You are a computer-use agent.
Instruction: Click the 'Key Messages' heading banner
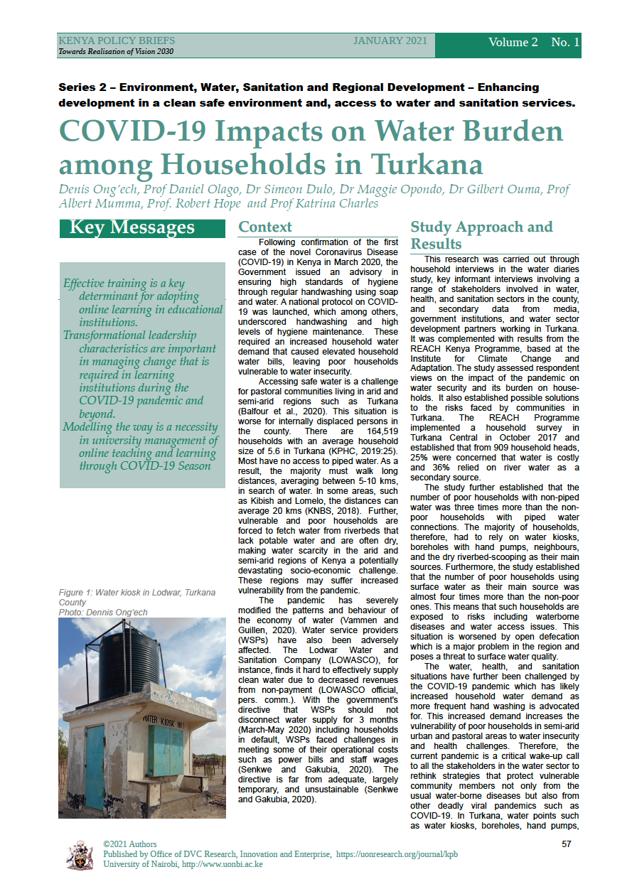(132, 227)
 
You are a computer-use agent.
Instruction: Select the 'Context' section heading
(264, 227)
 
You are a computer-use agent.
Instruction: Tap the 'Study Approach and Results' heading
(481, 235)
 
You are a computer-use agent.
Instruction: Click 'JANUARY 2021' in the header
(390, 41)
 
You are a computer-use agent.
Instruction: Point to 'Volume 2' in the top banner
(513, 43)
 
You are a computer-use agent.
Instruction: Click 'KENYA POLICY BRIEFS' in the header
(117, 41)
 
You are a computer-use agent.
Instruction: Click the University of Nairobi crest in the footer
(79, 856)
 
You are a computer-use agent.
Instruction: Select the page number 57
(567, 844)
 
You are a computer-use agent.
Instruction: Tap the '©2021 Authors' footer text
(130, 844)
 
